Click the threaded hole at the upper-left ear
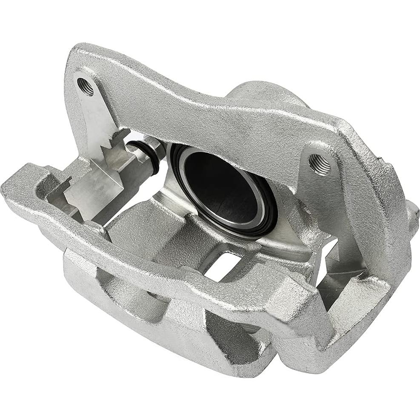[86, 87]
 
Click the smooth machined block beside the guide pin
[91, 190]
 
